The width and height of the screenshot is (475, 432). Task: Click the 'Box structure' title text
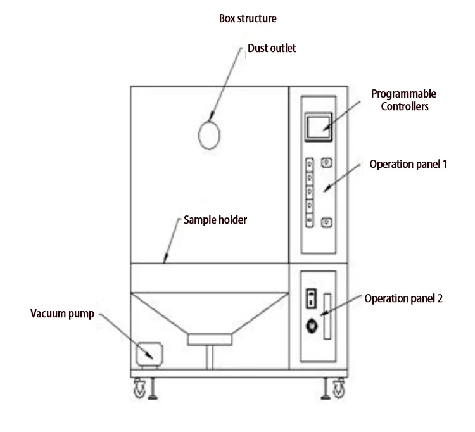tap(248, 18)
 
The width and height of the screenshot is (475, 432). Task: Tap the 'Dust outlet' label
tap(272, 48)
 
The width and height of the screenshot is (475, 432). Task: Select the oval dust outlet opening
tap(210, 134)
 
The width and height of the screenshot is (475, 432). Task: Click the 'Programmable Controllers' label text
tap(403, 100)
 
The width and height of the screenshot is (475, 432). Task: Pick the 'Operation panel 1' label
tap(408, 164)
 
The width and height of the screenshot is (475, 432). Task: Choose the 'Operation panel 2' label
tap(403, 298)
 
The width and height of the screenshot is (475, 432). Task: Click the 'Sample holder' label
tap(215, 220)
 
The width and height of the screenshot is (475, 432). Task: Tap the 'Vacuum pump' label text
tap(62, 314)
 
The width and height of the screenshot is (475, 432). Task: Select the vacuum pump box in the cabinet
tap(150, 352)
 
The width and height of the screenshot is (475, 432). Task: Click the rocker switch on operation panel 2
tap(311, 297)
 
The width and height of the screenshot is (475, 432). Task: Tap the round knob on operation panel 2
tap(311, 326)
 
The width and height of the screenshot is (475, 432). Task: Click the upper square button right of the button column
tap(327, 163)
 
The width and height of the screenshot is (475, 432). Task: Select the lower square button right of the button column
tap(327, 221)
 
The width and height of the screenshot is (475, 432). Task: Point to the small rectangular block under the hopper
tap(208, 340)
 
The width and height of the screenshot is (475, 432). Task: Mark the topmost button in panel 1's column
tap(310, 164)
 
